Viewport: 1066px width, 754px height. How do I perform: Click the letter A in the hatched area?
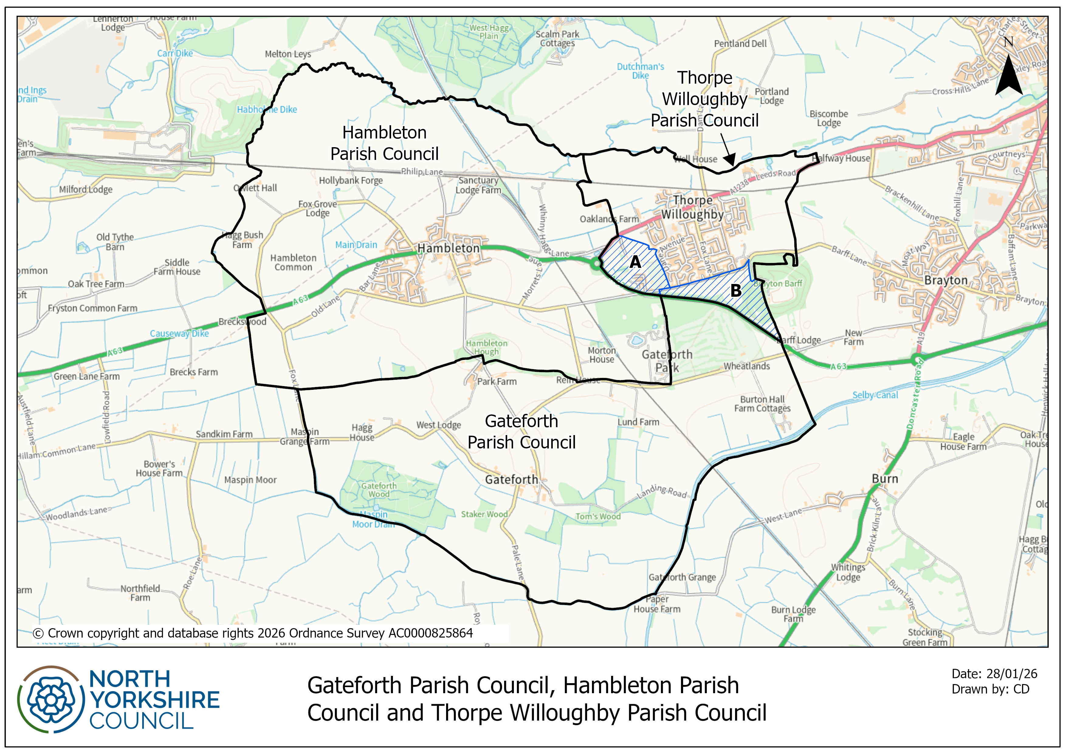635,262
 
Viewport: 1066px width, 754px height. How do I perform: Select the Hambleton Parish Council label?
384,143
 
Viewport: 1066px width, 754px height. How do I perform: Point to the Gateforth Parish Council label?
521,432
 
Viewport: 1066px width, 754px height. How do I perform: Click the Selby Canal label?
875,395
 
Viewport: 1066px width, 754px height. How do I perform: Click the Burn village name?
885,479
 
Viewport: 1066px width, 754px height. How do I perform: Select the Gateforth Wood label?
379,490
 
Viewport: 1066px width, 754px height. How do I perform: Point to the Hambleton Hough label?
487,347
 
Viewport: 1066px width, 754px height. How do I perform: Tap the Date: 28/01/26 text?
994,674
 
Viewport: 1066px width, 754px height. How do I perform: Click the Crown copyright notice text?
253,633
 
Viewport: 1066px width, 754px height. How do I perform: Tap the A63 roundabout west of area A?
596,264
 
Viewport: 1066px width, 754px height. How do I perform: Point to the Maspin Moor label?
250,480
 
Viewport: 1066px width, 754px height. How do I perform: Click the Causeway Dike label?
179,334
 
